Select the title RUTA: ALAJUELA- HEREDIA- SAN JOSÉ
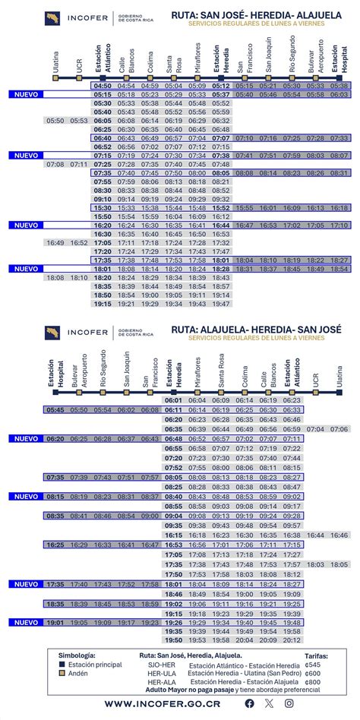(256, 329)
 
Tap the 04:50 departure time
(103, 86)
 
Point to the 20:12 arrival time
(292, 640)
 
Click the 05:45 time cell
(55, 409)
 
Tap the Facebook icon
(250, 703)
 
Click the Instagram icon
(289, 703)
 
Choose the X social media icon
(269, 703)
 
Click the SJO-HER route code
(156, 664)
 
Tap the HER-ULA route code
(156, 673)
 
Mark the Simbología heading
(77, 655)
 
